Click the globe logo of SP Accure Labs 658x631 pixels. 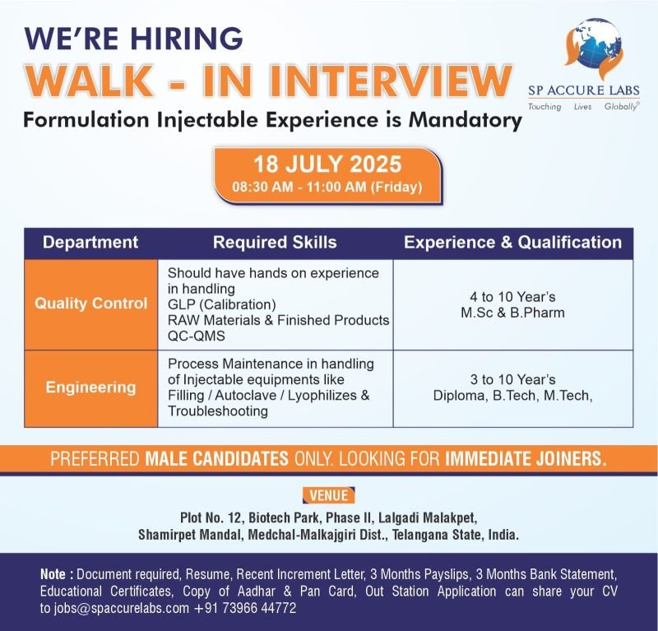(x=594, y=49)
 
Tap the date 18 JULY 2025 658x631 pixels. (x=327, y=165)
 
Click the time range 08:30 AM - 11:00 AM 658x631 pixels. (x=299, y=187)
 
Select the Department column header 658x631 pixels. (x=90, y=242)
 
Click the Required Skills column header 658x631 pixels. (x=275, y=242)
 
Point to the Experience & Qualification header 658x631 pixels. (x=512, y=242)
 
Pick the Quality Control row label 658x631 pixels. (x=91, y=303)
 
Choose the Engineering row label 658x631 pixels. (x=90, y=387)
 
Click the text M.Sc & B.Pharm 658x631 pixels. (x=512, y=313)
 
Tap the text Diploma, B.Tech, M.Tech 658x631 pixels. (x=512, y=396)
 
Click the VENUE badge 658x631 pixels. (x=328, y=495)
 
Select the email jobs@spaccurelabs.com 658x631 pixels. (x=121, y=608)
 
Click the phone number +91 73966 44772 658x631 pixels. (x=245, y=608)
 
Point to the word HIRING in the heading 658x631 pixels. (x=187, y=39)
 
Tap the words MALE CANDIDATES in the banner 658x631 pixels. (x=216, y=458)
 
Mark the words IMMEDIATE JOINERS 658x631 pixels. (x=526, y=458)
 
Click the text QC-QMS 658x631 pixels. (x=197, y=336)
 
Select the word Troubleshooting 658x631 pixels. (x=218, y=411)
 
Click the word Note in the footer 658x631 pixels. (x=53, y=574)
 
